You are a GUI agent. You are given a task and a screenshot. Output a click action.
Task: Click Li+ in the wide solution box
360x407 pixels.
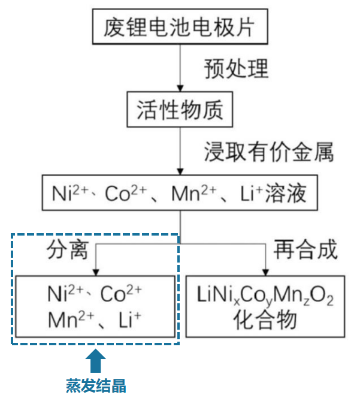click(x=252, y=194)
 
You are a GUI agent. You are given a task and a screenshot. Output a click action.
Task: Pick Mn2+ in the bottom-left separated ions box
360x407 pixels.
click(x=69, y=319)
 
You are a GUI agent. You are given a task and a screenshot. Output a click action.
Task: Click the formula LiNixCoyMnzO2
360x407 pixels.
click(x=265, y=296)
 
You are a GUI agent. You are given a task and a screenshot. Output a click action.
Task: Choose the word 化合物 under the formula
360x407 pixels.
click(x=265, y=319)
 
